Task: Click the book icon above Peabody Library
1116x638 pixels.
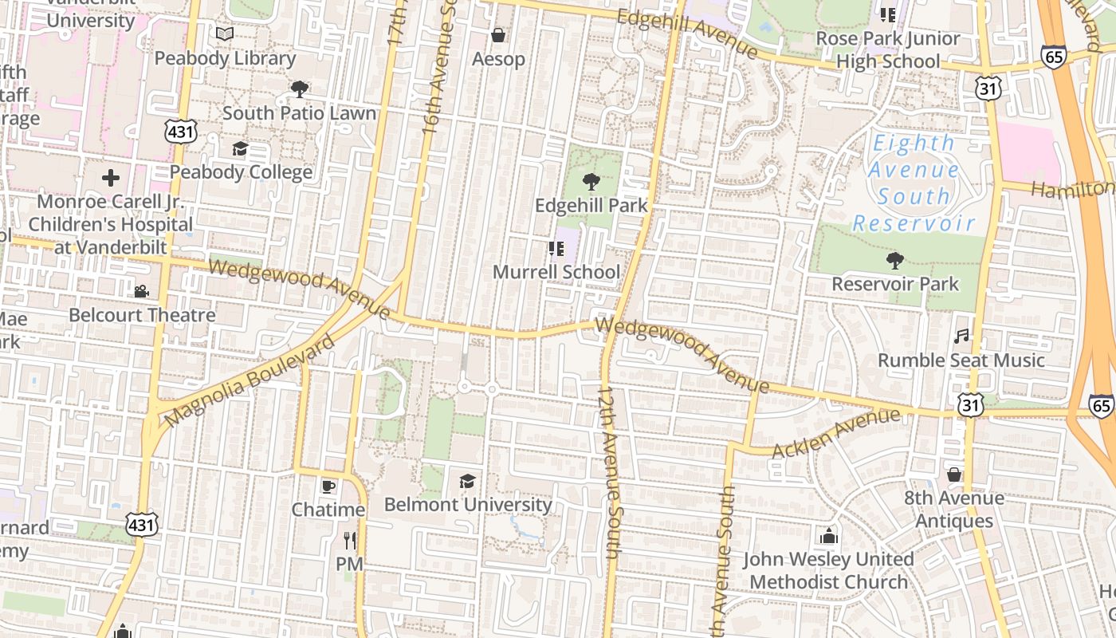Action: (225, 34)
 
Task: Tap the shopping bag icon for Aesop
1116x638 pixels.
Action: (498, 35)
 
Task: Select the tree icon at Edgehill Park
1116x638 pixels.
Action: (591, 182)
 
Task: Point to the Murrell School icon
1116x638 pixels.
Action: (556, 249)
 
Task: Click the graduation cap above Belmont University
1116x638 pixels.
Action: (468, 481)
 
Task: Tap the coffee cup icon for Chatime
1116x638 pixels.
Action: (328, 486)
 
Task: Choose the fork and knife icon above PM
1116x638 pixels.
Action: (349, 541)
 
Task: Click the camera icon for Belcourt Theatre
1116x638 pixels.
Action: (142, 291)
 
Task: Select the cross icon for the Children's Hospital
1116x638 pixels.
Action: (111, 177)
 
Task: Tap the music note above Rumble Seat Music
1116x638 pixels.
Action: (961, 337)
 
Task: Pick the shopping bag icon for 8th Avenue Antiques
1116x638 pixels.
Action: (954, 475)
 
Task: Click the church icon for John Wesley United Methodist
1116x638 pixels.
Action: (829, 535)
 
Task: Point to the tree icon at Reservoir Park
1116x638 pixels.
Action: (895, 260)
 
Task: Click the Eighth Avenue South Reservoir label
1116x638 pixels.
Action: (914, 183)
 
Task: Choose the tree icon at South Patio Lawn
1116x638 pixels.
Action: (299, 89)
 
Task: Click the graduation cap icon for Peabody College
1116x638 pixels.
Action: (240, 148)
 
